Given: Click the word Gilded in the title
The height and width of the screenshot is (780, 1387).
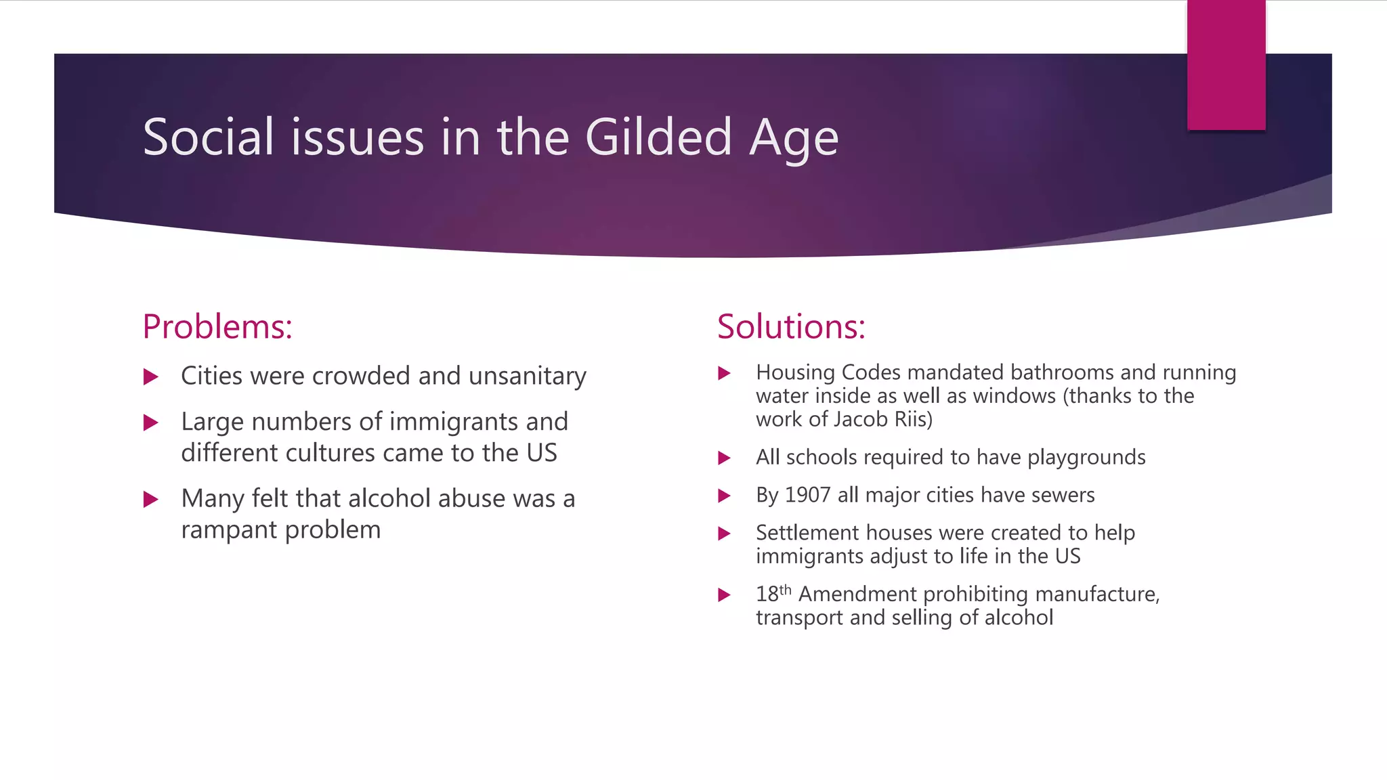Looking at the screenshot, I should [658, 137].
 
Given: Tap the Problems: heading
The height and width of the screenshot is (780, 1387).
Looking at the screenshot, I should [217, 327].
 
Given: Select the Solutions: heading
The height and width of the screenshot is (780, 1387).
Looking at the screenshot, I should [791, 327].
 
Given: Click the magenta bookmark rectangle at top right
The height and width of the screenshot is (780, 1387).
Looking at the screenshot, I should [1226, 65].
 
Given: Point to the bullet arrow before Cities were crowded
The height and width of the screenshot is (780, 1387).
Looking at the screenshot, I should [151, 377].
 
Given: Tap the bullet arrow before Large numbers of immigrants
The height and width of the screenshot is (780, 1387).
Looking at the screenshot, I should [151, 423].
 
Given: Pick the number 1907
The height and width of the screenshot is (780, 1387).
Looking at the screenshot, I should [807, 496].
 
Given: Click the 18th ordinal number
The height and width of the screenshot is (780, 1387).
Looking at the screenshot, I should [773, 594].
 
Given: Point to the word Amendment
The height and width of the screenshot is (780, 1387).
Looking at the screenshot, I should [857, 594].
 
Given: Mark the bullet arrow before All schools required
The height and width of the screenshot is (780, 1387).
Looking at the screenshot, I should [724, 458].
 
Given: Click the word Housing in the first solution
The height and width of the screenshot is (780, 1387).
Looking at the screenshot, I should [795, 373].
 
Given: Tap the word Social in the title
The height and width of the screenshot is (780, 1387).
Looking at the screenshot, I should [209, 137].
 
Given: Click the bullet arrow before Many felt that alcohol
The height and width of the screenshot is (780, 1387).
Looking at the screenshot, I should [151, 500].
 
